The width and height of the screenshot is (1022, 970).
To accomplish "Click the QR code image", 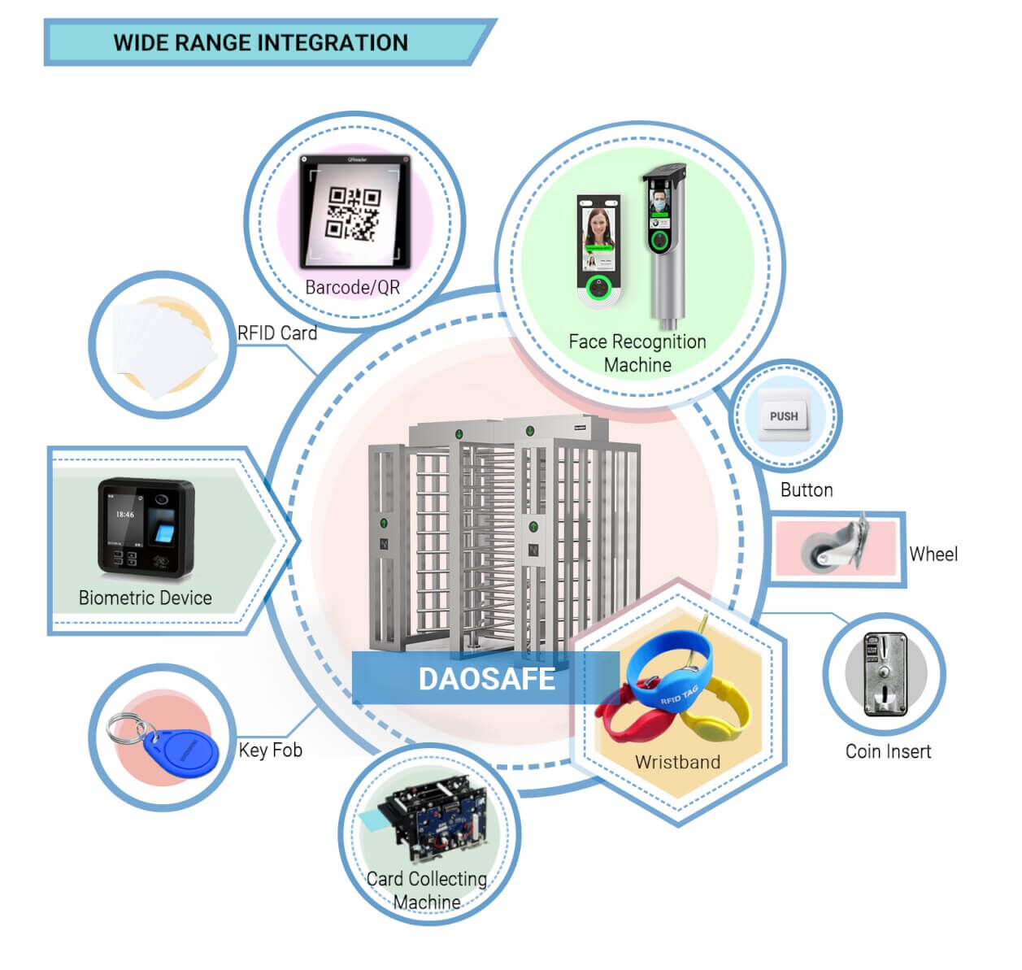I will pos(353,213).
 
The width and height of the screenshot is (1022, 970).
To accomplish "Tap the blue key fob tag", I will pos(186,752).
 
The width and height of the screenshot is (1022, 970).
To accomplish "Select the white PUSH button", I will pos(784,416).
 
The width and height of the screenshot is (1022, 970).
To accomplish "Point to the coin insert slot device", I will pos(885,675).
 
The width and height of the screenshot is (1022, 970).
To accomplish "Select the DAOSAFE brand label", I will pos(486,679).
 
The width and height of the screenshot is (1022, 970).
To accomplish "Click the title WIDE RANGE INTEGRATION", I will pos(260,42).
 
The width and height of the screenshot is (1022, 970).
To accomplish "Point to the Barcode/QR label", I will pos(352,287).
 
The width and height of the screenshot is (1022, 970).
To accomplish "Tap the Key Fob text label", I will pos(270,750).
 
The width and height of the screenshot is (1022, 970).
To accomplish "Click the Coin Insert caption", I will pos(888,751).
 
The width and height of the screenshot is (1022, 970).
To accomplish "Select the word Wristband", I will pos(677,762).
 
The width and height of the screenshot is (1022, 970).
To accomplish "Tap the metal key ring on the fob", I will pos(126,728).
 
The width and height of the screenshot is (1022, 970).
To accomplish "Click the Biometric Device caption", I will pos(145,598).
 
